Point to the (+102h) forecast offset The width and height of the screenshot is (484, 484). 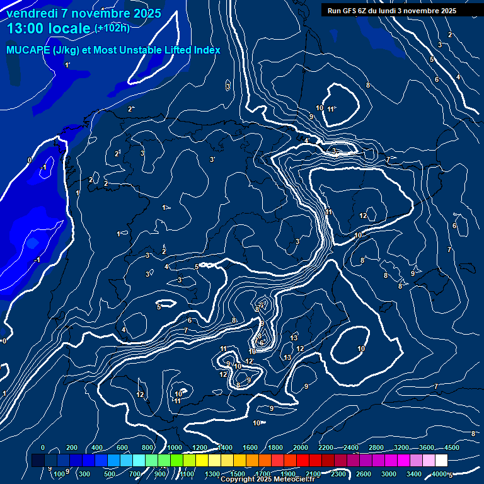pos(112,28)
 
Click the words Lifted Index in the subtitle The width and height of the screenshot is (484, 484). pos(187,50)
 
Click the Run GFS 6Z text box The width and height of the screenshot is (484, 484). pos(391,10)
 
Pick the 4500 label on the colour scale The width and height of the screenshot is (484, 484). pos(451,447)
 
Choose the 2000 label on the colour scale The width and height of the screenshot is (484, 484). pos(301,447)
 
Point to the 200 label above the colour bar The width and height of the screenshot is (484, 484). pos(72,447)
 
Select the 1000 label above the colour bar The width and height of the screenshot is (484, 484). pos(175,447)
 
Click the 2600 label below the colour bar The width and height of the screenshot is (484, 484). pos(363,474)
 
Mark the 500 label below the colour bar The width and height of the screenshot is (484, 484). pos(110,474)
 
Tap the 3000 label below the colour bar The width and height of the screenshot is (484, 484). pos(388,474)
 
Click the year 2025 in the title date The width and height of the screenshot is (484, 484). pos(146,13)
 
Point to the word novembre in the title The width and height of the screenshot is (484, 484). pos(96,13)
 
